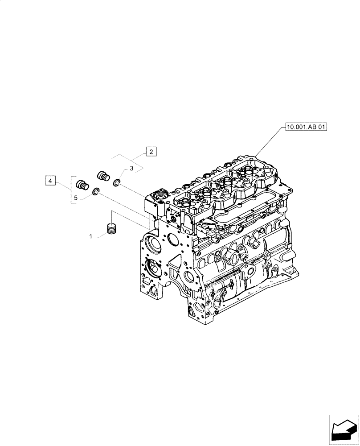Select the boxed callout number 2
151,152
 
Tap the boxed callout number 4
51,181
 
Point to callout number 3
132,169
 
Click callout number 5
76,197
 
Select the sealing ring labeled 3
117,182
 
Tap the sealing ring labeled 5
95,192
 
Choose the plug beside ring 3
103,175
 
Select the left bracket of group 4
71,190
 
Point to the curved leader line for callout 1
100,235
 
